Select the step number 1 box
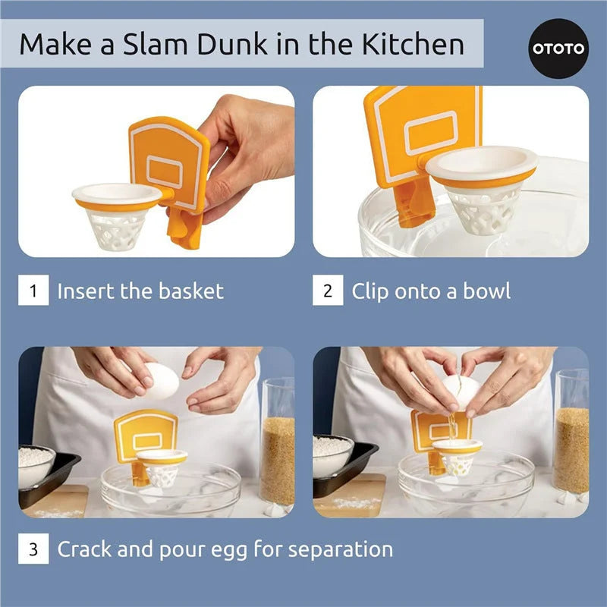[33, 291]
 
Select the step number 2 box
[328, 291]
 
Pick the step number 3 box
[33, 549]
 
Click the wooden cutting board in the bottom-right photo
[349, 497]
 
